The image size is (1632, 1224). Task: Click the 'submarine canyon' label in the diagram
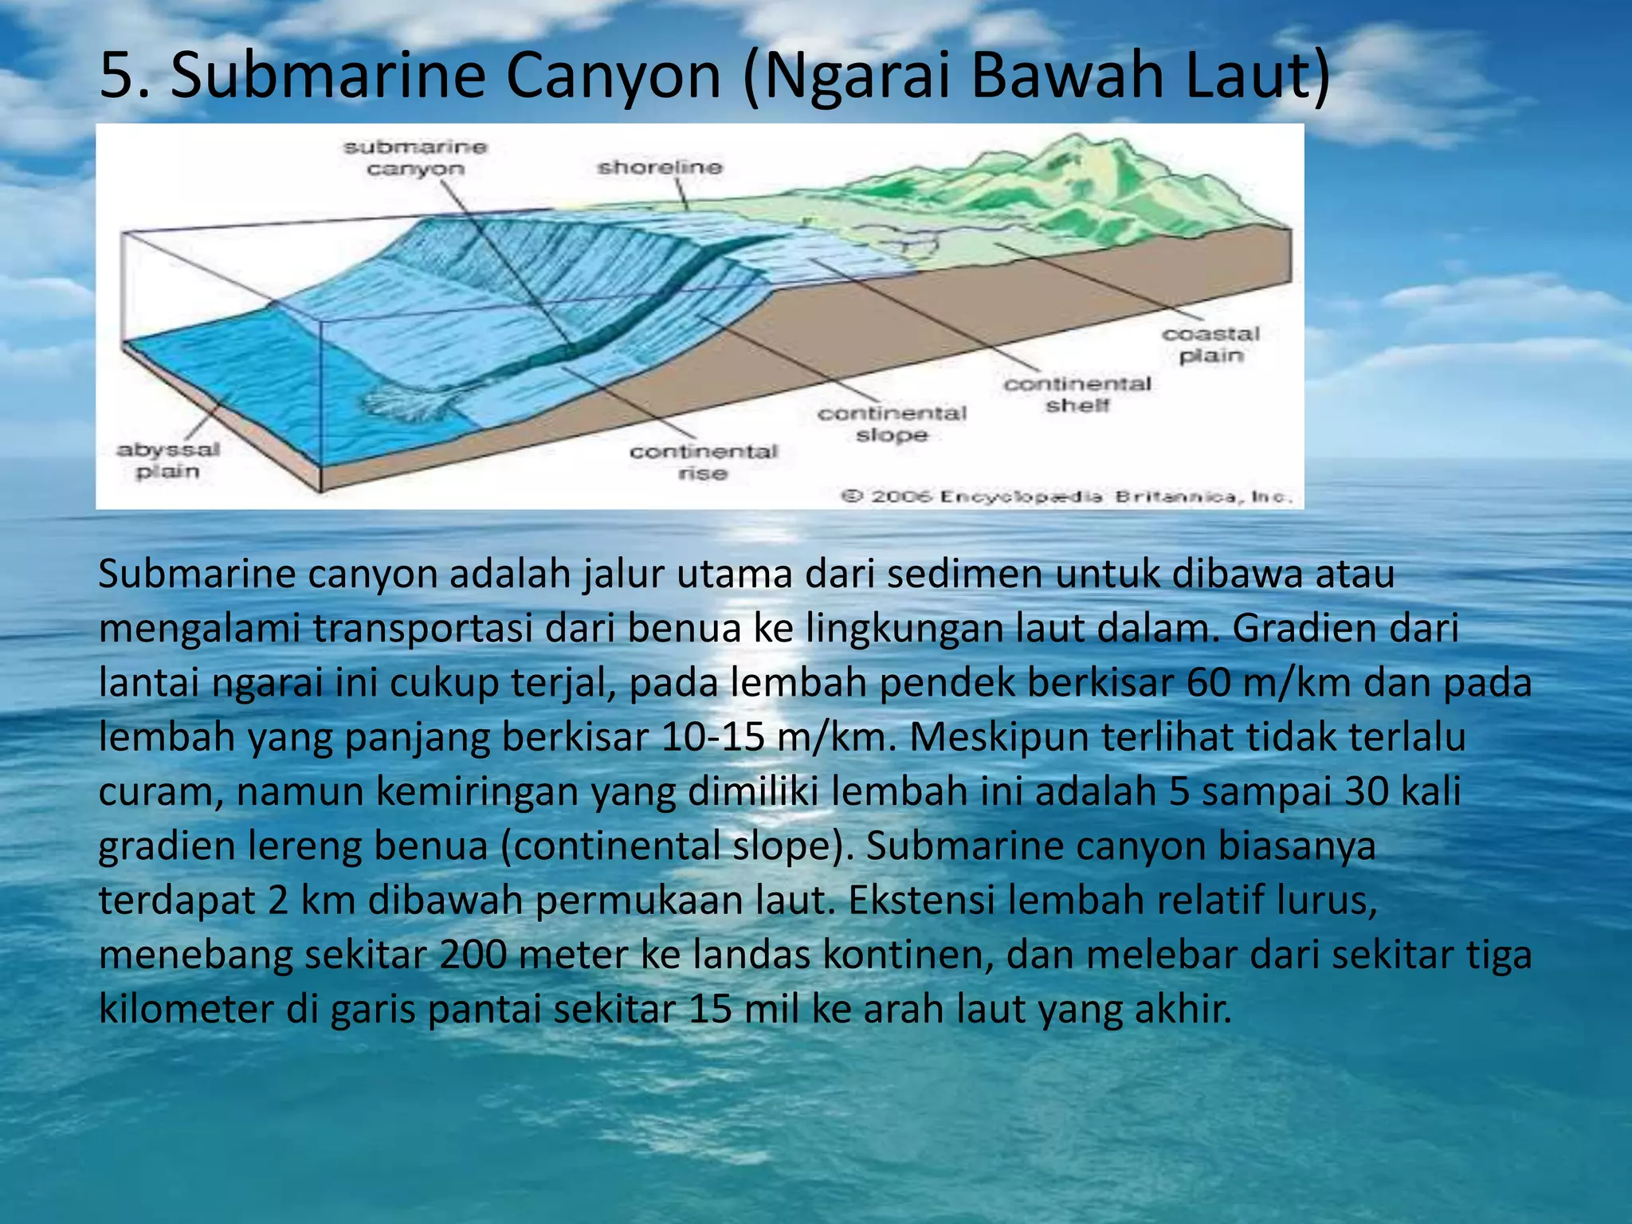[x=414, y=158]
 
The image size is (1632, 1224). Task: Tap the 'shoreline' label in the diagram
[x=660, y=167]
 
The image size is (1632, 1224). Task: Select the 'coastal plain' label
[x=1210, y=345]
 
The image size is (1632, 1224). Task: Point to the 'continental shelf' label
[x=1077, y=394]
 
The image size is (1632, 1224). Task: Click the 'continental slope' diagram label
[x=892, y=424]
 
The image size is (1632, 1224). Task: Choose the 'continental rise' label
[x=703, y=462]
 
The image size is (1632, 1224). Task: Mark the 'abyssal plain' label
[x=168, y=460]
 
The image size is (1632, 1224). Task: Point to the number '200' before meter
[x=473, y=955]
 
